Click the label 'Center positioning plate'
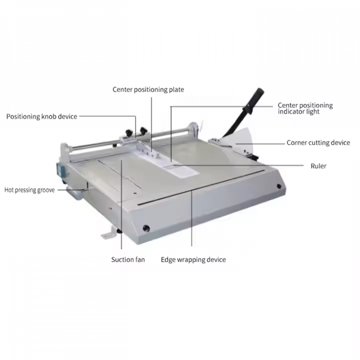148,90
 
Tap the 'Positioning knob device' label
41,117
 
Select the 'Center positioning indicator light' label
305,108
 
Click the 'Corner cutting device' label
318,143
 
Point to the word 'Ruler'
319,166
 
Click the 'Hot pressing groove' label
30,190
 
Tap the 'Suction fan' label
128,260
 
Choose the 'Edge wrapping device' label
193,260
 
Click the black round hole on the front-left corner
146,228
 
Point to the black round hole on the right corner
279,186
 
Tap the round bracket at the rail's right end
193,129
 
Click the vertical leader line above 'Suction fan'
121,204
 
